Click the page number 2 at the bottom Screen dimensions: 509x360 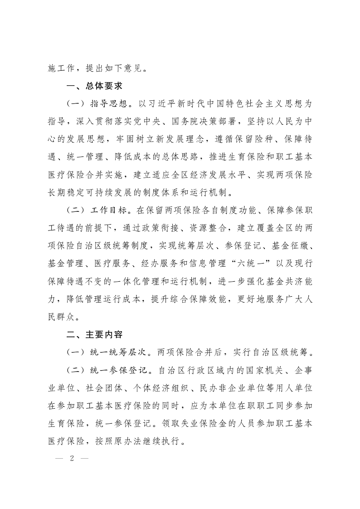tap(72, 457)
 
